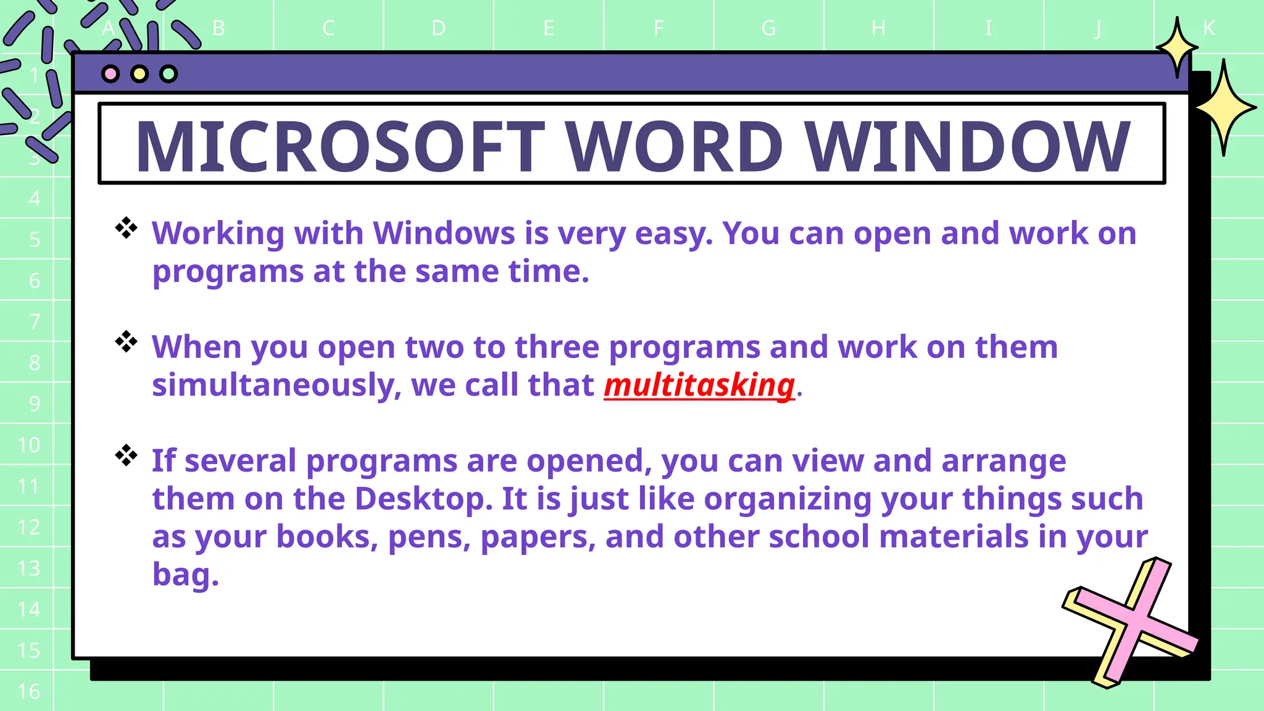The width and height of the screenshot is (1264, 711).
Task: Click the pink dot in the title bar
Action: click(x=110, y=74)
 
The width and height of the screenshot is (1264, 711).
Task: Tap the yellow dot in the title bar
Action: click(x=139, y=74)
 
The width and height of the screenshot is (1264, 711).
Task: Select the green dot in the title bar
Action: click(x=168, y=74)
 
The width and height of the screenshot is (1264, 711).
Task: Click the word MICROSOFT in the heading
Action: click(x=340, y=146)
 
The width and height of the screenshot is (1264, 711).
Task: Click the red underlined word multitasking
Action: click(x=699, y=386)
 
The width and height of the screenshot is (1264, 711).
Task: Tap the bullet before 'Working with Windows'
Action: click(x=127, y=228)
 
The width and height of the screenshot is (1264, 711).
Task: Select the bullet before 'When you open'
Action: click(x=127, y=342)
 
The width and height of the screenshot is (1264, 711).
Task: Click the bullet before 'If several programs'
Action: click(x=127, y=455)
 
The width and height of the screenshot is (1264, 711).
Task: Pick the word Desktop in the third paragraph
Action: click(x=423, y=499)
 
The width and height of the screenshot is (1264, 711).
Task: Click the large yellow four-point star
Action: click(x=1224, y=107)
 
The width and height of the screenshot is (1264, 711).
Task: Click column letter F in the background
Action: click(x=659, y=28)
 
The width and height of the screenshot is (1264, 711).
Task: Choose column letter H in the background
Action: click(x=878, y=28)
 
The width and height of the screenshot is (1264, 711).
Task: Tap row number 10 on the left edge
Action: click(x=29, y=445)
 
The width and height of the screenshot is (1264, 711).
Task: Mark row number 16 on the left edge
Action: click(x=29, y=692)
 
